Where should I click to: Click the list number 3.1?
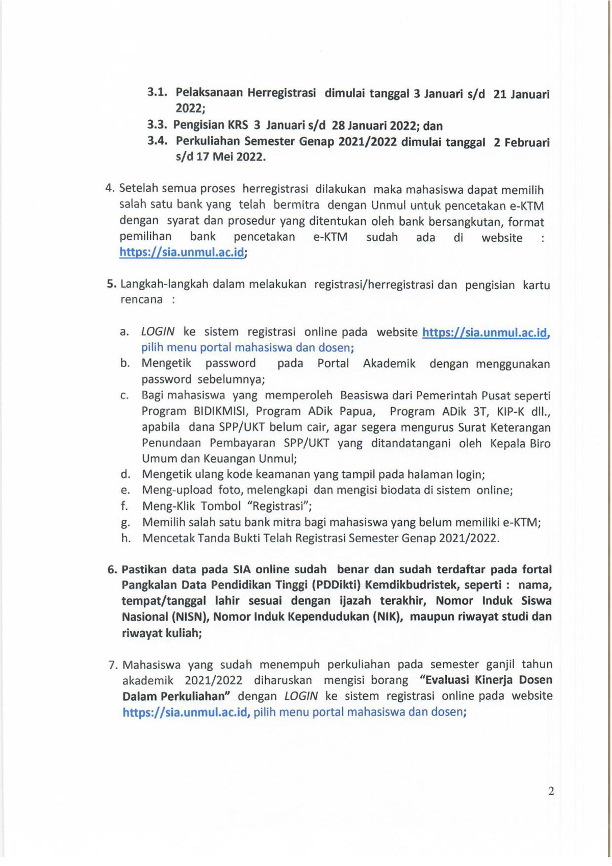[x=157, y=92]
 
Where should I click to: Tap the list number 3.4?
[x=157, y=141]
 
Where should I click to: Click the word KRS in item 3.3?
[x=238, y=125]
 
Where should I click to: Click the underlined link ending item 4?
[x=182, y=252]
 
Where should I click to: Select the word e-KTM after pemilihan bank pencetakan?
[x=330, y=237]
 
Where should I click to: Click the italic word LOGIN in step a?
[x=158, y=332]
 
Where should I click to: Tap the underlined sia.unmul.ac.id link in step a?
[x=486, y=333]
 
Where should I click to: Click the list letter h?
[x=125, y=538]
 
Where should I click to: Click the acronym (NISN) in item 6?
[x=191, y=617]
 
